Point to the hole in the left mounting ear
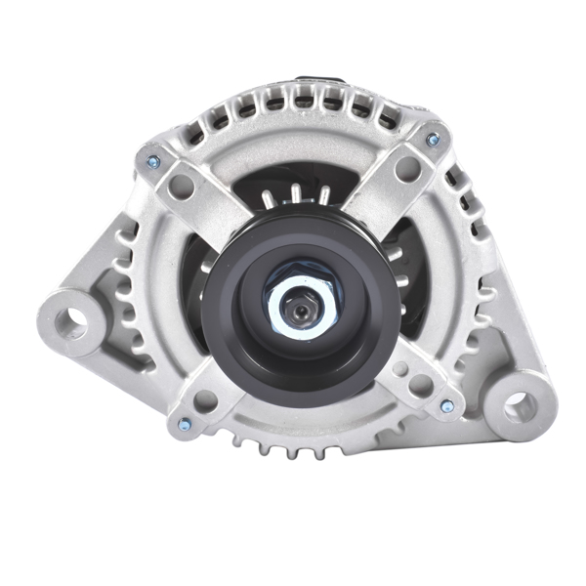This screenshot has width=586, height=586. (69, 322)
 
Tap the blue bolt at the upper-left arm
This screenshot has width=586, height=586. (152, 162)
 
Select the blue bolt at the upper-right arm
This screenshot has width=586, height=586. (433, 141)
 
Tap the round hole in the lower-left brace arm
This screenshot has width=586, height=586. (204, 400)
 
